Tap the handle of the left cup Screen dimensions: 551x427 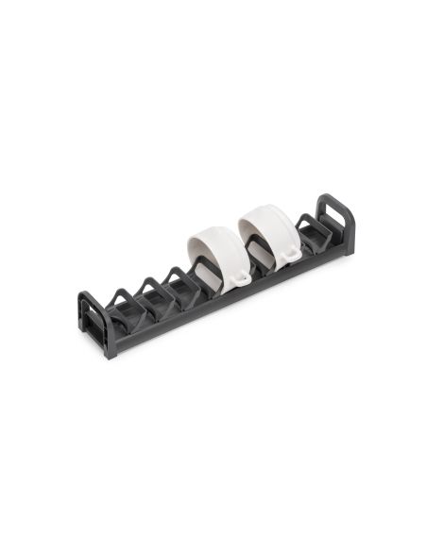242,277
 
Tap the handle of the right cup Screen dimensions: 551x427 291,254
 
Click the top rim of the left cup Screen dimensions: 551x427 214,230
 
